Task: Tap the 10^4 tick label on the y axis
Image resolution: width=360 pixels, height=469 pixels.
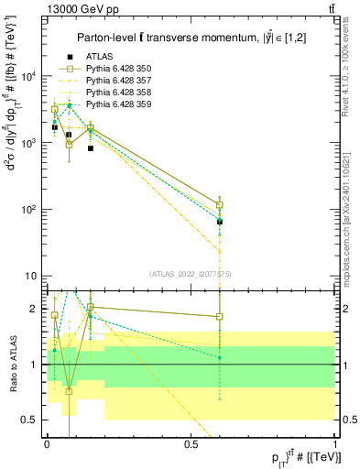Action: point(28,77)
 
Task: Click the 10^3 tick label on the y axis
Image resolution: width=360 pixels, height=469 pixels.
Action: point(28,144)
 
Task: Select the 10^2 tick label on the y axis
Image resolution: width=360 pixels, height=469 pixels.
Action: point(28,210)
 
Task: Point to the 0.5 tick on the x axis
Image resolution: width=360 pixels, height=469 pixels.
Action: point(191,443)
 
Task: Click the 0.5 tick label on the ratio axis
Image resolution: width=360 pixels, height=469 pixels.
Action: point(29,420)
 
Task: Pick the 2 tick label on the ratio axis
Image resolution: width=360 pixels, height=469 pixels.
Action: point(33,309)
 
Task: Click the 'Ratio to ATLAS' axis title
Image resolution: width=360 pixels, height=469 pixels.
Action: point(12,365)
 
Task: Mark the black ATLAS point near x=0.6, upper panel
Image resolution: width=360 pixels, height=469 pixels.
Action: point(220,222)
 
